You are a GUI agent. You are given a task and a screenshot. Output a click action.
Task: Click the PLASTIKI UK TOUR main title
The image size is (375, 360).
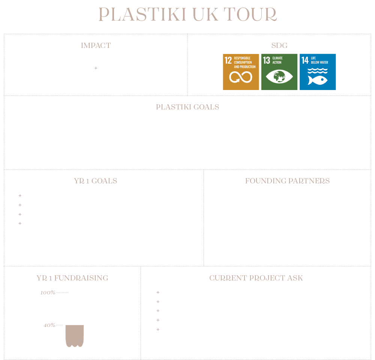point(188,14)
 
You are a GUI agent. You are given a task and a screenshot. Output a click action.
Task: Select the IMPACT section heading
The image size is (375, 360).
point(96,45)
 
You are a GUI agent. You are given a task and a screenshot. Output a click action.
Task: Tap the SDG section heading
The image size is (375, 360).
point(279,45)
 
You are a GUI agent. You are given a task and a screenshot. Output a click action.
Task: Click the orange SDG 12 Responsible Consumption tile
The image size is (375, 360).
point(241,72)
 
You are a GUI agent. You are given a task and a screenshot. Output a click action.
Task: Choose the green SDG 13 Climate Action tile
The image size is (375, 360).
point(279,72)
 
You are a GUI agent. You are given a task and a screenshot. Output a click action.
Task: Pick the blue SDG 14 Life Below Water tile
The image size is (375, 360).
point(318,72)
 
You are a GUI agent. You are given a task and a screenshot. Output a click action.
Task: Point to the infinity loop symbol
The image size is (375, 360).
point(241,77)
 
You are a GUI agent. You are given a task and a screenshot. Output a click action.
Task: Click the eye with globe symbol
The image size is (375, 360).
point(279,77)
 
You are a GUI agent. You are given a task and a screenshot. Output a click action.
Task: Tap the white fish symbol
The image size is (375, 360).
point(317,80)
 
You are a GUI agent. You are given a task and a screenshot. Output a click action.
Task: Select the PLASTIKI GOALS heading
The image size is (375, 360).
point(187,107)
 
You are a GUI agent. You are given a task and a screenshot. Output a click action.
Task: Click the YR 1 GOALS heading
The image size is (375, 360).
point(95,181)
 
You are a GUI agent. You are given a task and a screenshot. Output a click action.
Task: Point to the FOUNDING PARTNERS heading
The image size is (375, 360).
point(287,181)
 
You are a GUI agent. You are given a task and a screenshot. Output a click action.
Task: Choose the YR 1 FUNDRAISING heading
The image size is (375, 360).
point(72,278)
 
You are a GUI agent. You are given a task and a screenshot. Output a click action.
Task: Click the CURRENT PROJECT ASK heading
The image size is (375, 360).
point(256,278)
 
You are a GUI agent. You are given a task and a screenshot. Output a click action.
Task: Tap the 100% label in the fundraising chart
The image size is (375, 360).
point(48,292)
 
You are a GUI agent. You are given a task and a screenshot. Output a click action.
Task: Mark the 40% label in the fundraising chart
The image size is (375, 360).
point(49,325)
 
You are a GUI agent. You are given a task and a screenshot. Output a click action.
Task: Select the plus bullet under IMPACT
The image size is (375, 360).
point(96,68)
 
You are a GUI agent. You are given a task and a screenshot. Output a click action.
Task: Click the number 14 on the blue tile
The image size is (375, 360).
point(305,60)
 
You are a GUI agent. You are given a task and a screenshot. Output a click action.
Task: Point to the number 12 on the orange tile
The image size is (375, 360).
point(228,60)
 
